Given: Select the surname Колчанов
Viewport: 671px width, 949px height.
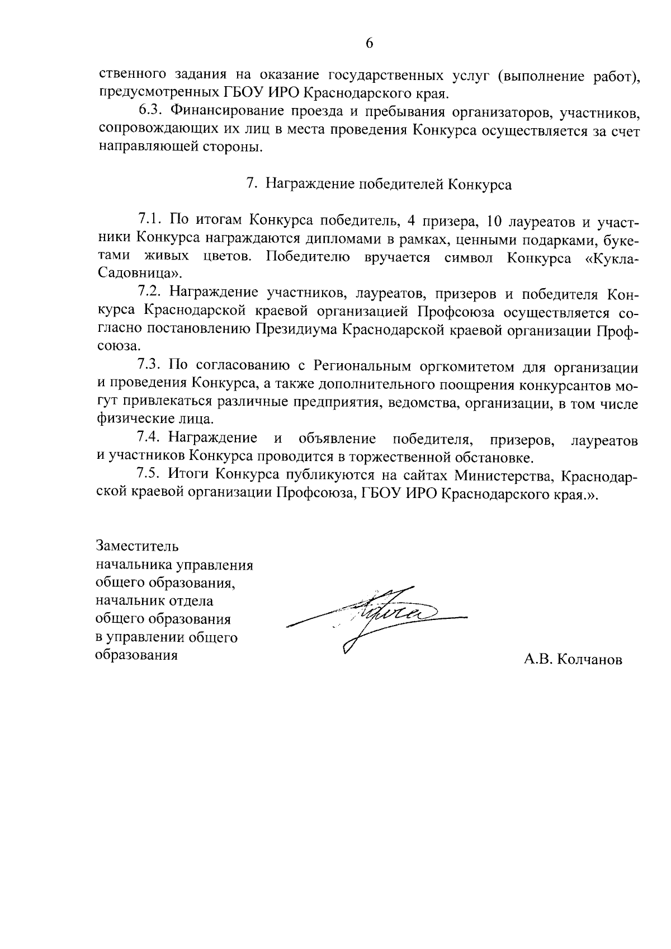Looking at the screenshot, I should click(x=589, y=660).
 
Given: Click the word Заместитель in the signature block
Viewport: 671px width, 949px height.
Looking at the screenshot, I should click(x=138, y=545).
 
